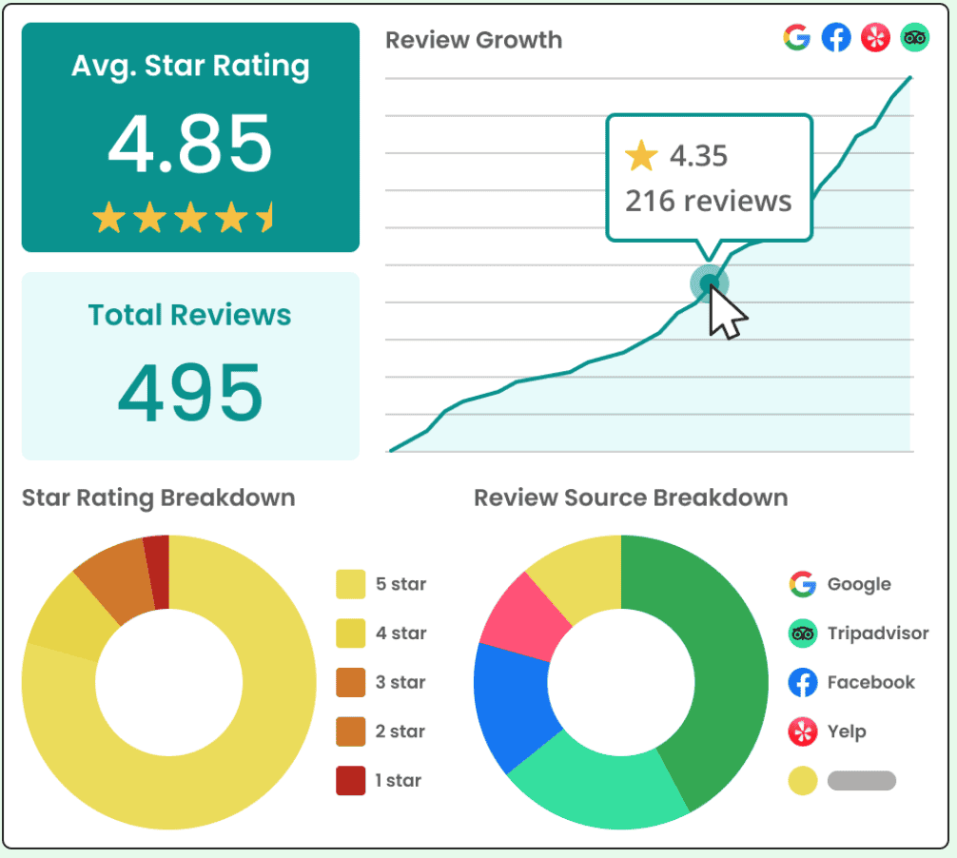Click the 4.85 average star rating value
coord(190,144)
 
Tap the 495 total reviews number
coord(190,393)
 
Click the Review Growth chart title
coord(474,40)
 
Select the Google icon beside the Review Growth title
coord(796,38)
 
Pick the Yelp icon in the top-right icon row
coord(875,38)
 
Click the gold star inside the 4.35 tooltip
coord(641,156)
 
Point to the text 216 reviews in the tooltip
coord(708,202)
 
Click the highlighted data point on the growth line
coord(709,283)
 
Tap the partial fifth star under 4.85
coord(265,217)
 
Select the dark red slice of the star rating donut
coord(158,573)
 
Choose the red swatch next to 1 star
coord(350,781)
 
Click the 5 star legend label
coord(401,584)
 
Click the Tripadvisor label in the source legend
coord(878,634)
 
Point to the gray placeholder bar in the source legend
coord(862,781)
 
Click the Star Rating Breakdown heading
coord(159,497)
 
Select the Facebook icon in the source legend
coord(803,682)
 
